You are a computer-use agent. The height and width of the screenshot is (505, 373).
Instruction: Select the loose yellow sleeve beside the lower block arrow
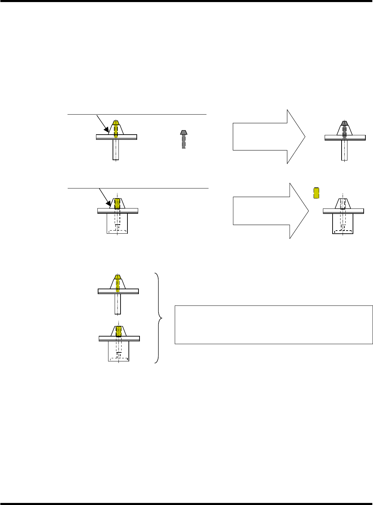click(x=316, y=193)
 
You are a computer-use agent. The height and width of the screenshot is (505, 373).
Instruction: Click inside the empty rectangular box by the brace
click(x=274, y=324)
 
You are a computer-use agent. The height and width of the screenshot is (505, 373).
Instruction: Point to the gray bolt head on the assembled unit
click(x=344, y=123)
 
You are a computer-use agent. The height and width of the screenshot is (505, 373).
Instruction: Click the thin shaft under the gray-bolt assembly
click(x=344, y=150)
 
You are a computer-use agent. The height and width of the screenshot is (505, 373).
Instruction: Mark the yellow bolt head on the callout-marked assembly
click(x=116, y=123)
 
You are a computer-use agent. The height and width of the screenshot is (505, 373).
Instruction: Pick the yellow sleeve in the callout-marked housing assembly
click(x=118, y=203)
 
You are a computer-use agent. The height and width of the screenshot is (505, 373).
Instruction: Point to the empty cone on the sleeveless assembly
click(x=343, y=204)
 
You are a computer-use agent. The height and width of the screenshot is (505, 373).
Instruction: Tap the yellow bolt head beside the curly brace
click(x=118, y=276)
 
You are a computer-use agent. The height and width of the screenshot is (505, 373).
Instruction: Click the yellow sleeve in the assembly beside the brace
click(x=119, y=331)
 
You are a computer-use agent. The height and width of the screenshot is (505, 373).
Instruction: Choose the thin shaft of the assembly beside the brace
click(x=118, y=304)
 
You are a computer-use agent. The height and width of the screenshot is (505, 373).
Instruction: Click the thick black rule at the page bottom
click(x=186, y=504)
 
